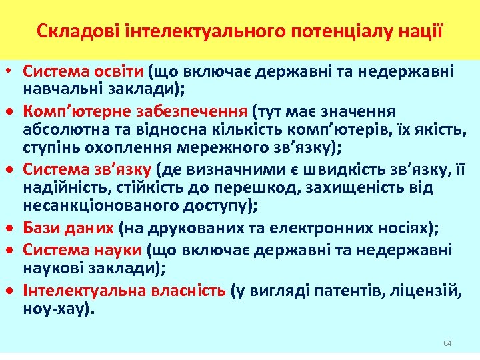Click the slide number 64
coord(447,343)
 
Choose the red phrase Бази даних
coord(69,229)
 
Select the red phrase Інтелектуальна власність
coord(125,291)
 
